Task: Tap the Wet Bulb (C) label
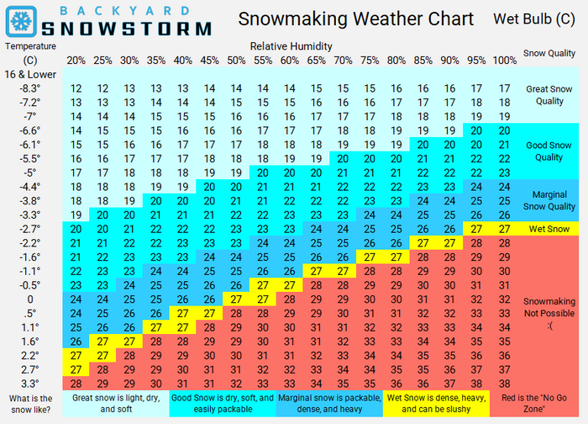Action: pos(522,19)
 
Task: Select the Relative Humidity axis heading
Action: pos(291,45)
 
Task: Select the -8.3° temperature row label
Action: pos(29,88)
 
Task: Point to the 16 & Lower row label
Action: pos(29,75)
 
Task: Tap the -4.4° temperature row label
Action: pos(29,187)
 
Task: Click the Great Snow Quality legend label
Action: pos(549,95)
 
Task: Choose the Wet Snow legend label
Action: pos(549,229)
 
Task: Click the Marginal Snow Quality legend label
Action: pos(549,200)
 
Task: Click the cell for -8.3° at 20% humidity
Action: pos(76,88)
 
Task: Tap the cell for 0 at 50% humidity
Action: pos(237,299)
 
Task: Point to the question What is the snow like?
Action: pos(29,403)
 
